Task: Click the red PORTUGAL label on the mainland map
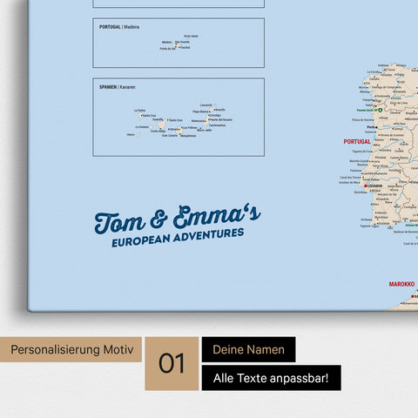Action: [x=357, y=140]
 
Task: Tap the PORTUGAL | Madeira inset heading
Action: [x=118, y=27]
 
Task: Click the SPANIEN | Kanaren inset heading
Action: [x=118, y=87]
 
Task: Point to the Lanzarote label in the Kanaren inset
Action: [x=206, y=104]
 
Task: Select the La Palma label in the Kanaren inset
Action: [x=140, y=111]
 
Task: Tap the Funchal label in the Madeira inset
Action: [x=184, y=48]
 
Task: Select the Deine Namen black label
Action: [x=249, y=349]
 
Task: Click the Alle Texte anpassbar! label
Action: [x=271, y=378]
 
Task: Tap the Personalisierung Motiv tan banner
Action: [x=72, y=349]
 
